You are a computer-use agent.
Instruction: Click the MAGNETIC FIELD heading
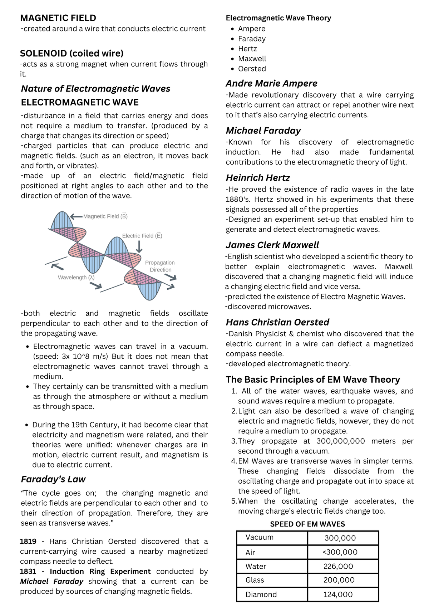point(58,18)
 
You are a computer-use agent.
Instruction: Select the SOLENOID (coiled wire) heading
point(71,53)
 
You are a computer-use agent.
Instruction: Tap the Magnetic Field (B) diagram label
point(105,216)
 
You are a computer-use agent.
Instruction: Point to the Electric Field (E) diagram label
point(142,236)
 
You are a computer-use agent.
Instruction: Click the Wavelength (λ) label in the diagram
point(76,278)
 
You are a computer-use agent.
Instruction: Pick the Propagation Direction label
point(160,266)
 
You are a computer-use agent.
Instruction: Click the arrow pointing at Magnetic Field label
point(76,216)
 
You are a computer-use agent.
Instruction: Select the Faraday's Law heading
point(53,479)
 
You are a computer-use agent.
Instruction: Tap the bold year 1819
point(28,542)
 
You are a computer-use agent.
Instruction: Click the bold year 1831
point(28,572)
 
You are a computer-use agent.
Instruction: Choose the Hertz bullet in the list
point(247,49)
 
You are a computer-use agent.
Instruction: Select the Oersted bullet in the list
point(252,69)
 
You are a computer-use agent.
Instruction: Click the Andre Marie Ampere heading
point(271,83)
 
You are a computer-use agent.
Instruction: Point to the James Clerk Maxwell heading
point(272,245)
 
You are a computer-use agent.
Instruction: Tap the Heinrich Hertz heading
point(258,178)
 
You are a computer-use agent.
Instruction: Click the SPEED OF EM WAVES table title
point(307,524)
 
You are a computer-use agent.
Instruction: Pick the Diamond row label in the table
point(261,594)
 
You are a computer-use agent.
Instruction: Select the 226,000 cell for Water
point(338,566)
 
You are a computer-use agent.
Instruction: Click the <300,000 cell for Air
point(340,552)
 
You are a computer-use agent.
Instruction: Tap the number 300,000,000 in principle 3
point(341,441)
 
